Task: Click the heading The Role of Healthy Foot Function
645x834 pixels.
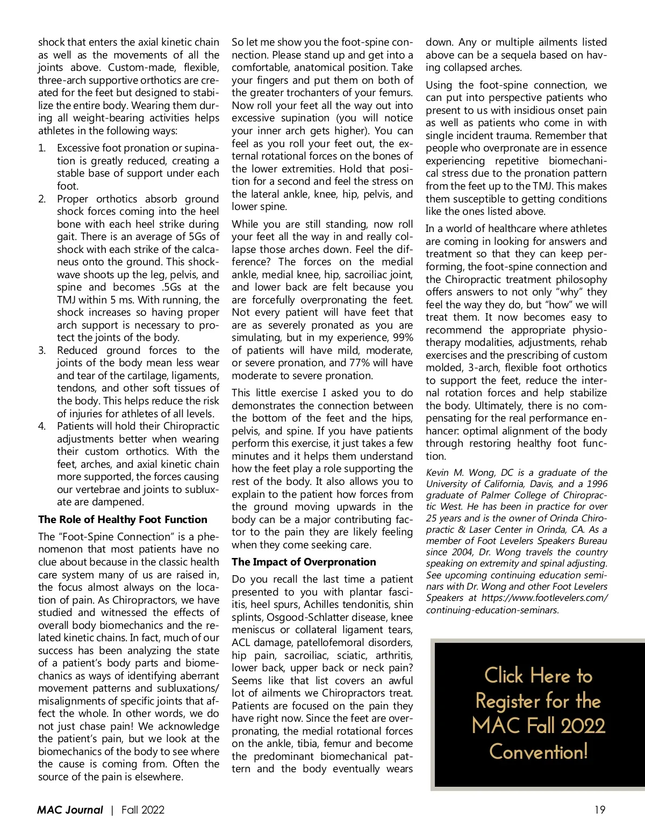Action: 123,519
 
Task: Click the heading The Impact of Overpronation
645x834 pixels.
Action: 304,562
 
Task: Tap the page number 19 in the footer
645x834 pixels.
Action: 600,810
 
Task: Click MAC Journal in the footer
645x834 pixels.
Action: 70,810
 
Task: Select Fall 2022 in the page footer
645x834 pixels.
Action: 142,810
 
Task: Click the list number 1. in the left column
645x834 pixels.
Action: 42,148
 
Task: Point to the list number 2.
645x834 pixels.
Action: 42,199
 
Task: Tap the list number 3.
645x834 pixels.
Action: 42,351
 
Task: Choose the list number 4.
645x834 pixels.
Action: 42,426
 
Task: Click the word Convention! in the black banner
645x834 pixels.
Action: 538,751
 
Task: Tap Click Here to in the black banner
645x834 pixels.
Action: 538,675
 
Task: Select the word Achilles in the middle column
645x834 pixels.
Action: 324,605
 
